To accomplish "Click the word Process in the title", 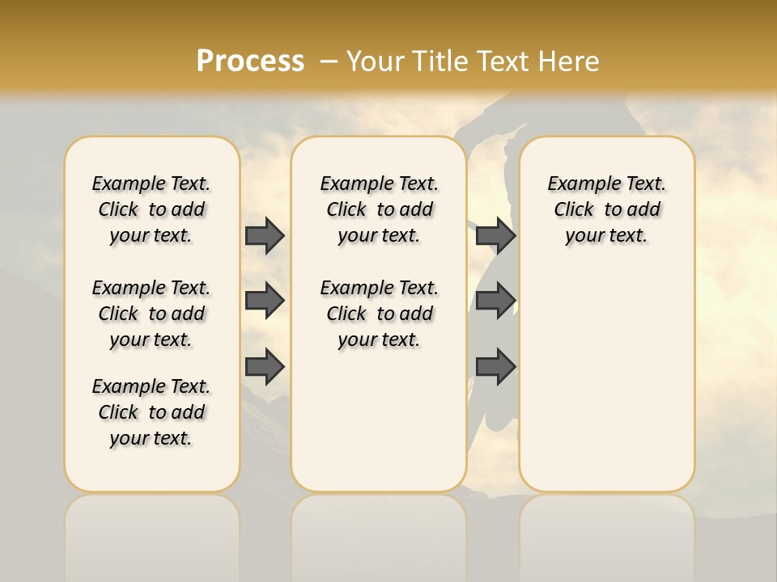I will click(250, 61).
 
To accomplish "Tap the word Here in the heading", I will click(568, 61).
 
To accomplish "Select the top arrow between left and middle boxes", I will click(265, 236).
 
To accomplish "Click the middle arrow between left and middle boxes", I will click(265, 301).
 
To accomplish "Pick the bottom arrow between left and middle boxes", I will click(265, 367).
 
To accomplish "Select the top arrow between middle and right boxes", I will click(495, 236).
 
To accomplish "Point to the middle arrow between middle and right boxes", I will click(495, 301).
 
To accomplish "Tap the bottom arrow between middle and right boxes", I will click(495, 367).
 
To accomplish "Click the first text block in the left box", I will click(151, 209).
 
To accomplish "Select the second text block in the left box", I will click(151, 314).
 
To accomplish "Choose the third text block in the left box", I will click(151, 412).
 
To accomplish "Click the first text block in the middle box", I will click(379, 209).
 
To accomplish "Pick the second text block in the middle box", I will click(379, 314).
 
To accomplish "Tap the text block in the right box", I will click(606, 209).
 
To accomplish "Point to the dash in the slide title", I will click(329, 61).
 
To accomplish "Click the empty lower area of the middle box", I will click(379, 420).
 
